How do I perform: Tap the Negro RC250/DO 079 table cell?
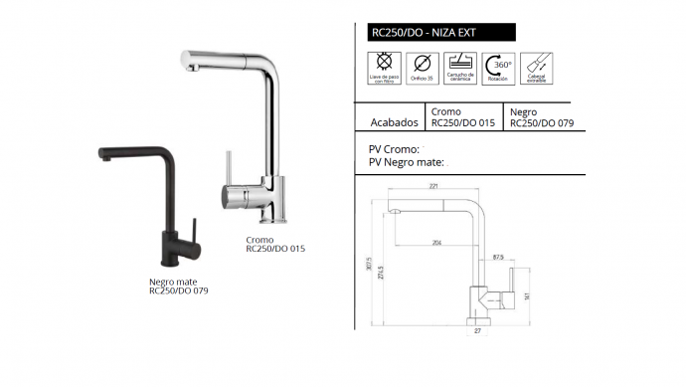[543, 118]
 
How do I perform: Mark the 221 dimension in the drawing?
[433, 186]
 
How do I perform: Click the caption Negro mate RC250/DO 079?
[178, 287]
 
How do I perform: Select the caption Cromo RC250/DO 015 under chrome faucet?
[271, 246]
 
